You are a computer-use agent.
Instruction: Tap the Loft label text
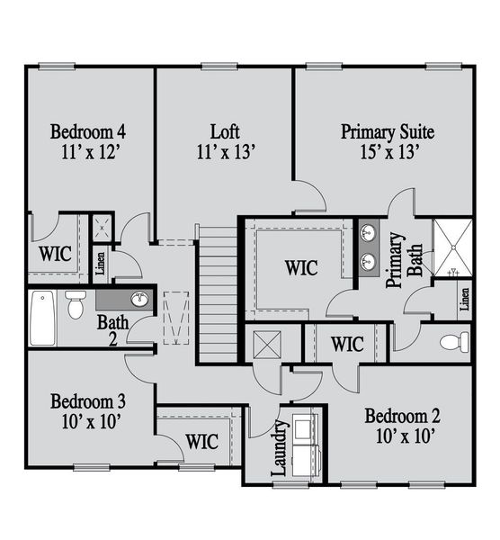226,131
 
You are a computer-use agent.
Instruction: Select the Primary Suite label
388,132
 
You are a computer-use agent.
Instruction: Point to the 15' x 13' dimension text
388,152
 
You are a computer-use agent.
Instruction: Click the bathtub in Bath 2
41,318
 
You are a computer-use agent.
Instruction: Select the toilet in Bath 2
76,304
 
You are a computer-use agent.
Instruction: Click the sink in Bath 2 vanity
139,299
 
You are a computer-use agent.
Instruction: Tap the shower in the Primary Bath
452,247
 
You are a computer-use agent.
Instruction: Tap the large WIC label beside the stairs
300,267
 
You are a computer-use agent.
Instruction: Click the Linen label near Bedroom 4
100,263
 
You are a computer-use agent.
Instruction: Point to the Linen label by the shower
465,299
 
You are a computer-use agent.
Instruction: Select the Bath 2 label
113,329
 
